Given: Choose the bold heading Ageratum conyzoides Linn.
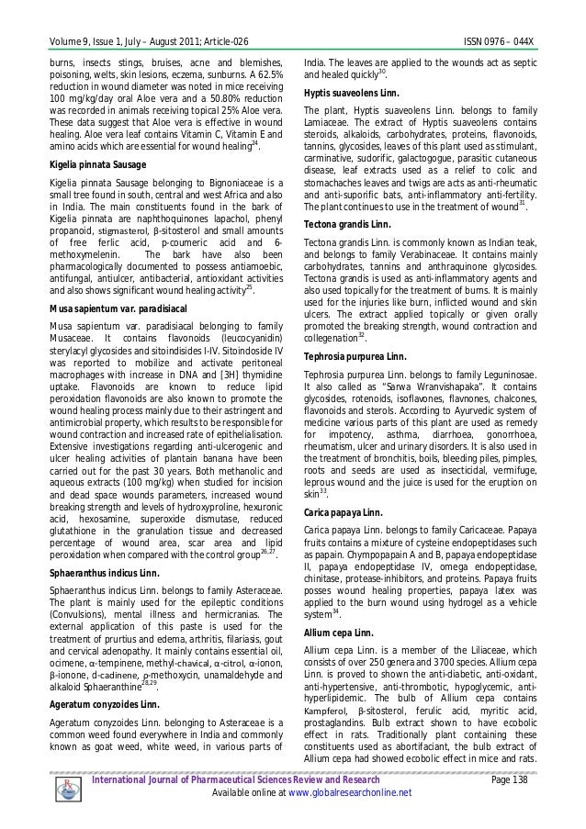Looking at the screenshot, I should click(96, 706).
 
